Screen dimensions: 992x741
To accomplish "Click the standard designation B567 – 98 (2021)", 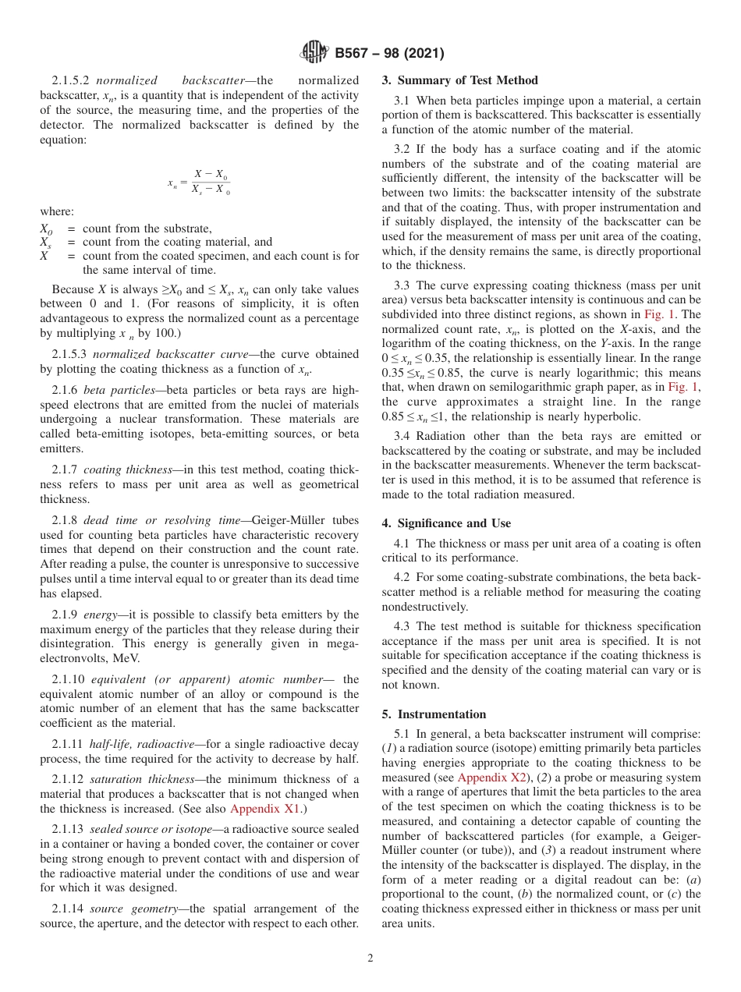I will pos(389,54).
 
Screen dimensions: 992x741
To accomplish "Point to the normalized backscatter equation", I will pos(200,182).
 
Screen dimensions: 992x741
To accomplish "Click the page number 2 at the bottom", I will pos(370,958).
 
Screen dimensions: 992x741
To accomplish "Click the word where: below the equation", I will pos(57,211).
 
